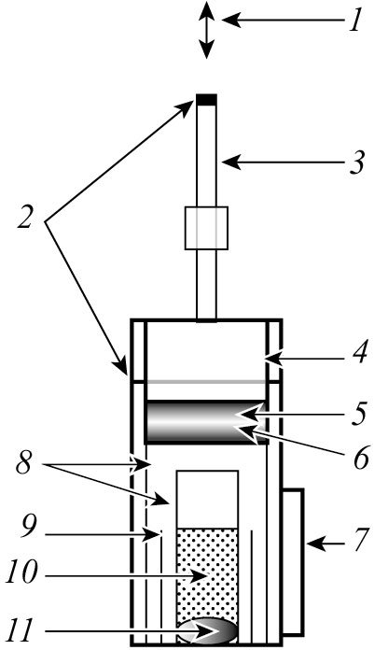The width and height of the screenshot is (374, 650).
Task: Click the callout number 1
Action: point(355,21)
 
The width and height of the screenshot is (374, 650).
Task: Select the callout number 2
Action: point(25,217)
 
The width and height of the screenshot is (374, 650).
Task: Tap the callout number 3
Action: point(355,162)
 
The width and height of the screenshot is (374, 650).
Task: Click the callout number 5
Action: point(358,414)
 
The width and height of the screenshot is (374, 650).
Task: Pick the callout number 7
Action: point(359,540)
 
